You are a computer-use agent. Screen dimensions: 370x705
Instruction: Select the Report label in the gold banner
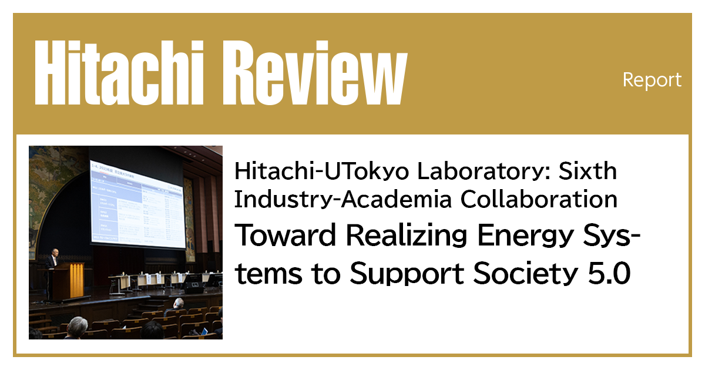tap(652, 80)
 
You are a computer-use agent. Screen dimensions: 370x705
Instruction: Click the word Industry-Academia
tap(343, 200)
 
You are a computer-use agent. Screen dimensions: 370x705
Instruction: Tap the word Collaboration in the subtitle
tap(539, 200)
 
